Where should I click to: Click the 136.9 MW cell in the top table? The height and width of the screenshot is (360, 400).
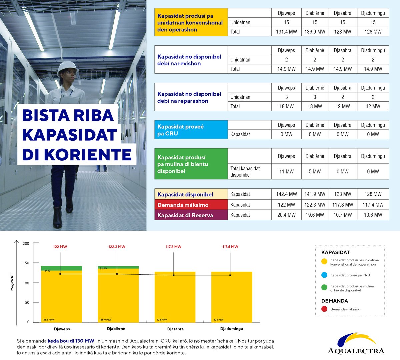click(315, 32)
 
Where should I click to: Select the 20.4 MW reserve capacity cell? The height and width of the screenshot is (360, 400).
click(286, 215)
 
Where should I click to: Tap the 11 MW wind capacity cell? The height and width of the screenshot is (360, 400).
click(286, 172)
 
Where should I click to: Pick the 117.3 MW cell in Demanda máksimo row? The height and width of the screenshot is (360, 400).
click(343, 205)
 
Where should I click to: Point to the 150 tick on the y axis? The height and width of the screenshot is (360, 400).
click(26, 263)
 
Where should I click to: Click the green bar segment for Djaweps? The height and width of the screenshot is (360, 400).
click(62, 268)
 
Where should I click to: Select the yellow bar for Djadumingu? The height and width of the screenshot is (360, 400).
click(232, 297)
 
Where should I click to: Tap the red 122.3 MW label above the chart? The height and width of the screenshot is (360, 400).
click(117, 247)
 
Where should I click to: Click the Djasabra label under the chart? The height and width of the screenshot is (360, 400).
click(175, 329)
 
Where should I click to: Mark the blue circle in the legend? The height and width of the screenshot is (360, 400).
click(324, 275)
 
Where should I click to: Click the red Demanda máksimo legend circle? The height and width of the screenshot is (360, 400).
click(324, 309)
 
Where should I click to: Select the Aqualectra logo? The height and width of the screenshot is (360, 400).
click(356, 343)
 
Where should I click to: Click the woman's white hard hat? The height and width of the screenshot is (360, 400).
click(67, 67)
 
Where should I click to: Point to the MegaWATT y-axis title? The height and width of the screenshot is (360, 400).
click(12, 281)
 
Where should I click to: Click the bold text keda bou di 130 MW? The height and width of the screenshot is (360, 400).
click(71, 341)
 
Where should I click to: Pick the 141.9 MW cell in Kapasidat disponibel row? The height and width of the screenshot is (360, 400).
click(315, 194)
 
